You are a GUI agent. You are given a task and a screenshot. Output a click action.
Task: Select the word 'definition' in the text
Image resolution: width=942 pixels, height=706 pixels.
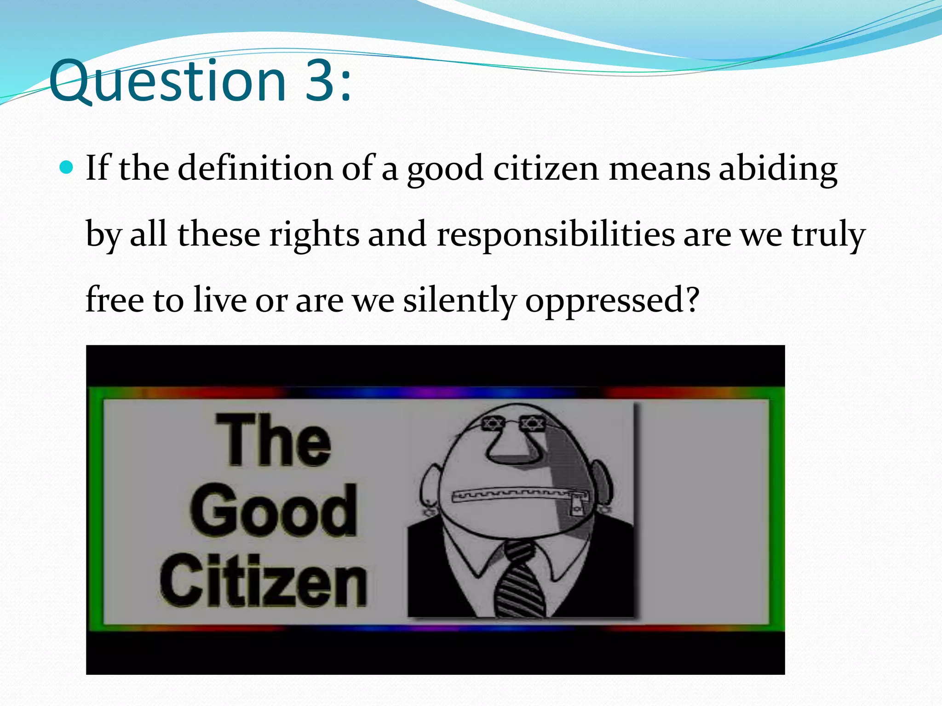(255, 168)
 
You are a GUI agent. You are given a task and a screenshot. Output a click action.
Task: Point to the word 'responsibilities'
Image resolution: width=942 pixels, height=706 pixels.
(556, 234)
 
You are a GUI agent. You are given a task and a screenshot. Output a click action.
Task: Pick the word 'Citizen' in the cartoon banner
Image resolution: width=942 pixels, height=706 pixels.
(263, 580)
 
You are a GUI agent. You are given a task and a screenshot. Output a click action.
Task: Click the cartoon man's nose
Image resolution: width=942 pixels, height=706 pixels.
(509, 449)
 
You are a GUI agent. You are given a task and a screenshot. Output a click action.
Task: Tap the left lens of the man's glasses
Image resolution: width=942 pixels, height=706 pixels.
(492, 423)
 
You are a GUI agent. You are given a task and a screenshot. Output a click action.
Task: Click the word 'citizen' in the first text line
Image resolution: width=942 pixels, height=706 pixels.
(546, 168)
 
